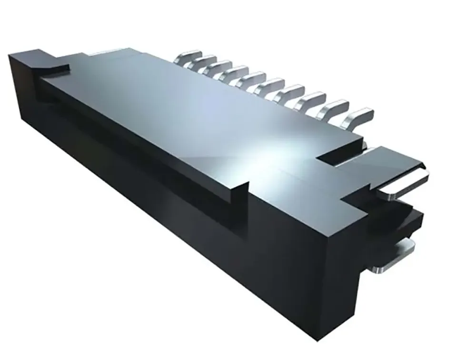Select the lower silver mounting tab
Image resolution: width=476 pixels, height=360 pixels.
click(x=400, y=250)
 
